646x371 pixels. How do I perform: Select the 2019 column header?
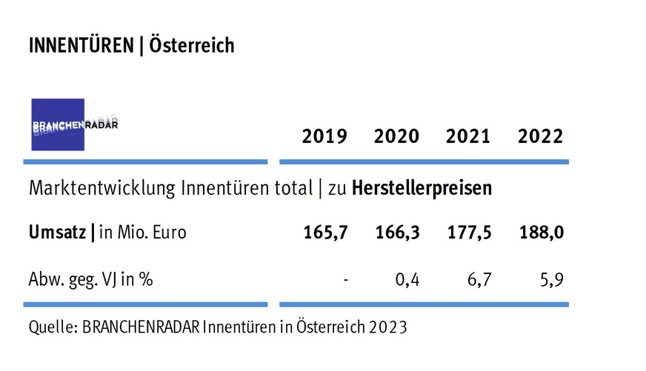324,137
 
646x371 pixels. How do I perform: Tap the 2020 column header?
396,137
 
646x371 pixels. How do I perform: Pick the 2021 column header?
468,137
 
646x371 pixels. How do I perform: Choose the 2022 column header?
540,137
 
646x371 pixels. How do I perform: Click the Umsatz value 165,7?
326,233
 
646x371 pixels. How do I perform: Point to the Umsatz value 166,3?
398,233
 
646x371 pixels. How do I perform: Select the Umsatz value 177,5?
470,233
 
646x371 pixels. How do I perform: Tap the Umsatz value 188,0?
541,233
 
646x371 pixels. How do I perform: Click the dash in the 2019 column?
346,280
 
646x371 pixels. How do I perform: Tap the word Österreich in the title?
191,46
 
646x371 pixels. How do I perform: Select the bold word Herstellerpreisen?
421,189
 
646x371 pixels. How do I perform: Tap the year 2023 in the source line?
388,327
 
